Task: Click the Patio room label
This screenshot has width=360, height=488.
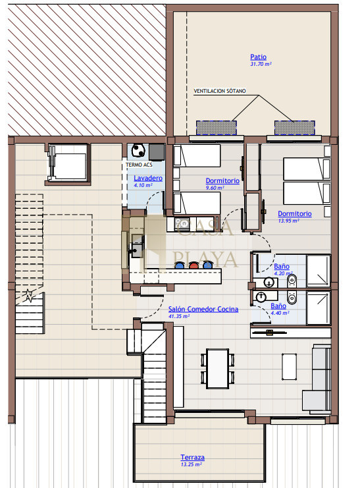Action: point(258,57)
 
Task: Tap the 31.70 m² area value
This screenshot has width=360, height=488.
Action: point(261,64)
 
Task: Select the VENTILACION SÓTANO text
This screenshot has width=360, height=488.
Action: point(220,91)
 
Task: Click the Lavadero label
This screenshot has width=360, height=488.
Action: point(148,178)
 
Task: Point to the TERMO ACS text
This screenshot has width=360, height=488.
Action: point(139,165)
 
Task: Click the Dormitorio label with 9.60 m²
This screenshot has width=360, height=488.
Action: point(222,181)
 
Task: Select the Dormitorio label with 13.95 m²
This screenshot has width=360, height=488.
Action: point(295,214)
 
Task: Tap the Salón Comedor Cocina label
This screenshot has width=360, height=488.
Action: point(203,309)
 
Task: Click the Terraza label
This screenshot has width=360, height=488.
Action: point(193,457)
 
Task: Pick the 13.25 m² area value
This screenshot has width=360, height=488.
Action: point(191,464)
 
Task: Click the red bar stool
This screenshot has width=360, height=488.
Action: point(193,265)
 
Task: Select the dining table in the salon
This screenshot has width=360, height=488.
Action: point(218,369)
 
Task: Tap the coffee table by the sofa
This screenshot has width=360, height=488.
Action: point(289,367)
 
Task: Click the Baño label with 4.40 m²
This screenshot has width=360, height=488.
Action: point(278,306)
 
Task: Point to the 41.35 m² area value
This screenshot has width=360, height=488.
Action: point(179,316)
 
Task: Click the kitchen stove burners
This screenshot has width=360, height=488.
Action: point(182,223)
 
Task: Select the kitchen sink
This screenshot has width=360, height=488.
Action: point(137,246)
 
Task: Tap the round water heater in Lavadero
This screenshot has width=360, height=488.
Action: point(138,151)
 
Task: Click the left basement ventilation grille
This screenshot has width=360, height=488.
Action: point(217,128)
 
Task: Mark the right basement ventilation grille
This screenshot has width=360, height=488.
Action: point(294,128)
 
